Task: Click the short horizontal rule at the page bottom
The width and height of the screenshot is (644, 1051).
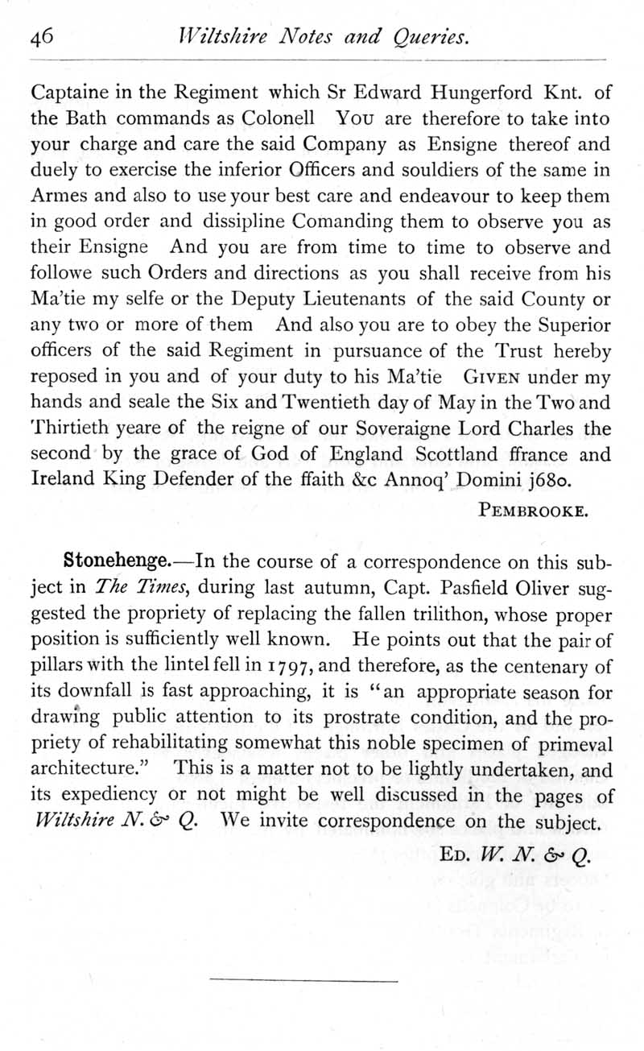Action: point(303,981)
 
